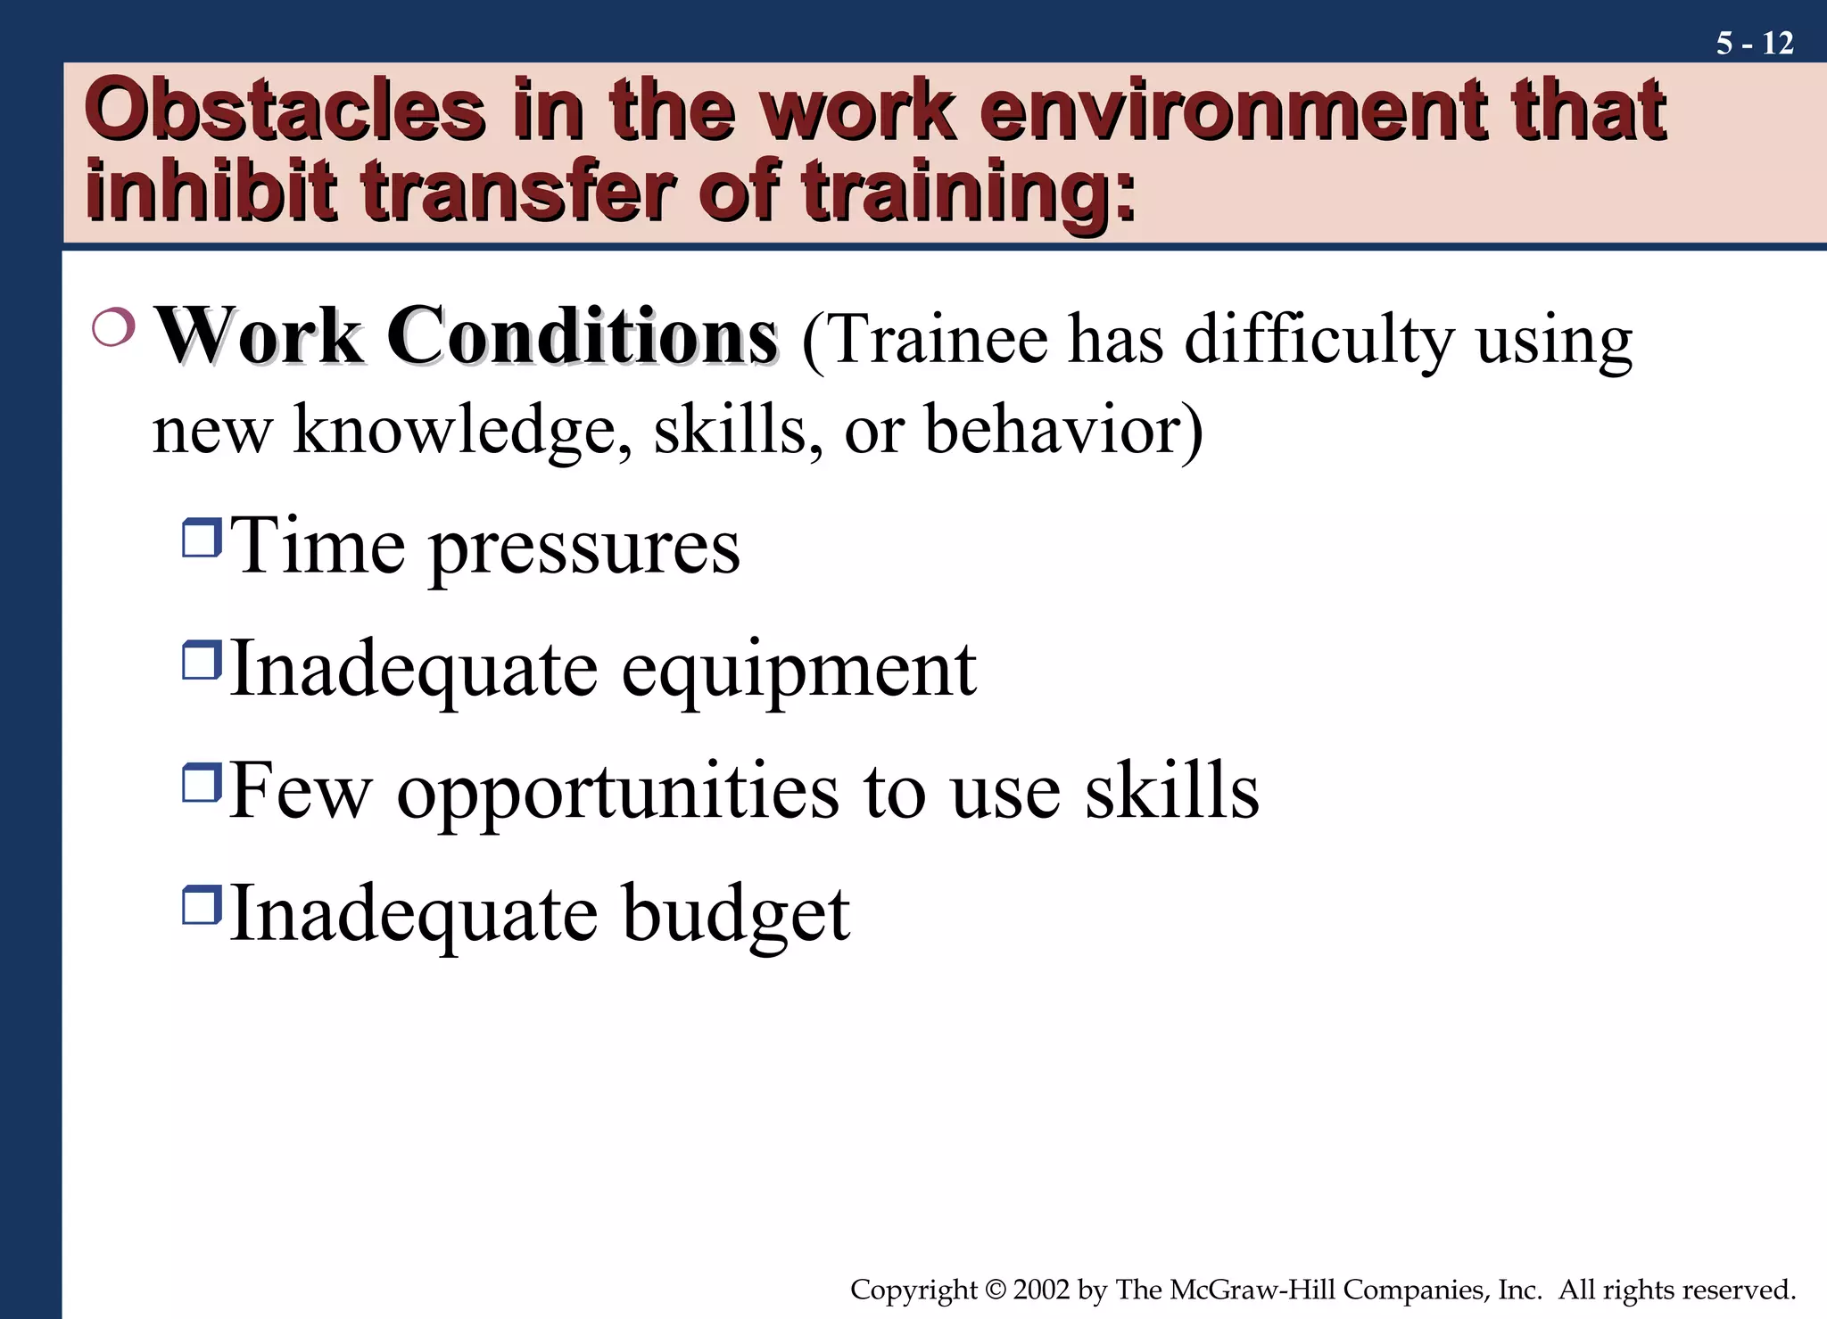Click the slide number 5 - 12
[x=1754, y=43]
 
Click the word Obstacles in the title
[x=285, y=111]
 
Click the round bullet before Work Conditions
[x=113, y=328]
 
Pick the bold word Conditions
[x=582, y=337]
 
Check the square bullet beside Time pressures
[x=202, y=538]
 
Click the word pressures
[x=585, y=548]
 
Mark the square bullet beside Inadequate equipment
[x=202, y=661]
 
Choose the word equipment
[x=798, y=671]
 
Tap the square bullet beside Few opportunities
[x=202, y=782]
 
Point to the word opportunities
[x=617, y=792]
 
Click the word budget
[x=736, y=913]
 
